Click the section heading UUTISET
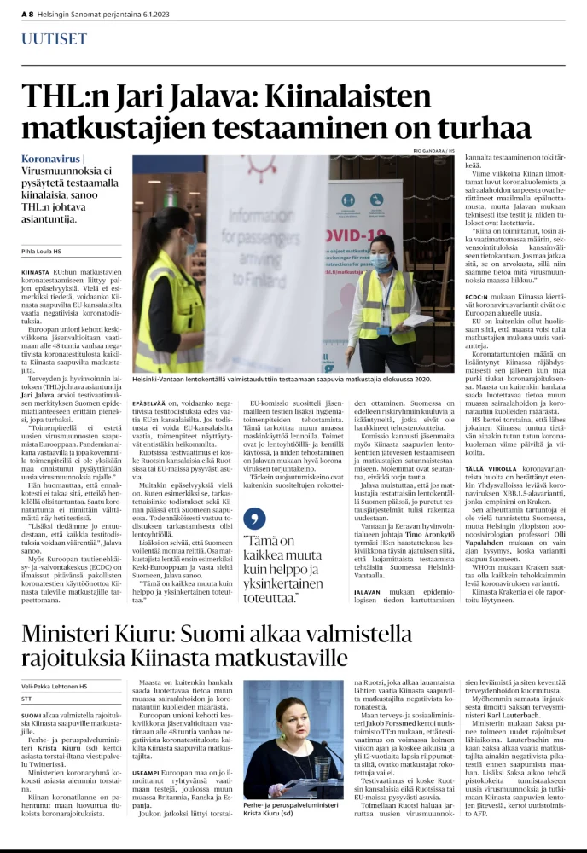54,39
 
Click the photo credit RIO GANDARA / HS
435,150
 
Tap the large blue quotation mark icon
249,518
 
